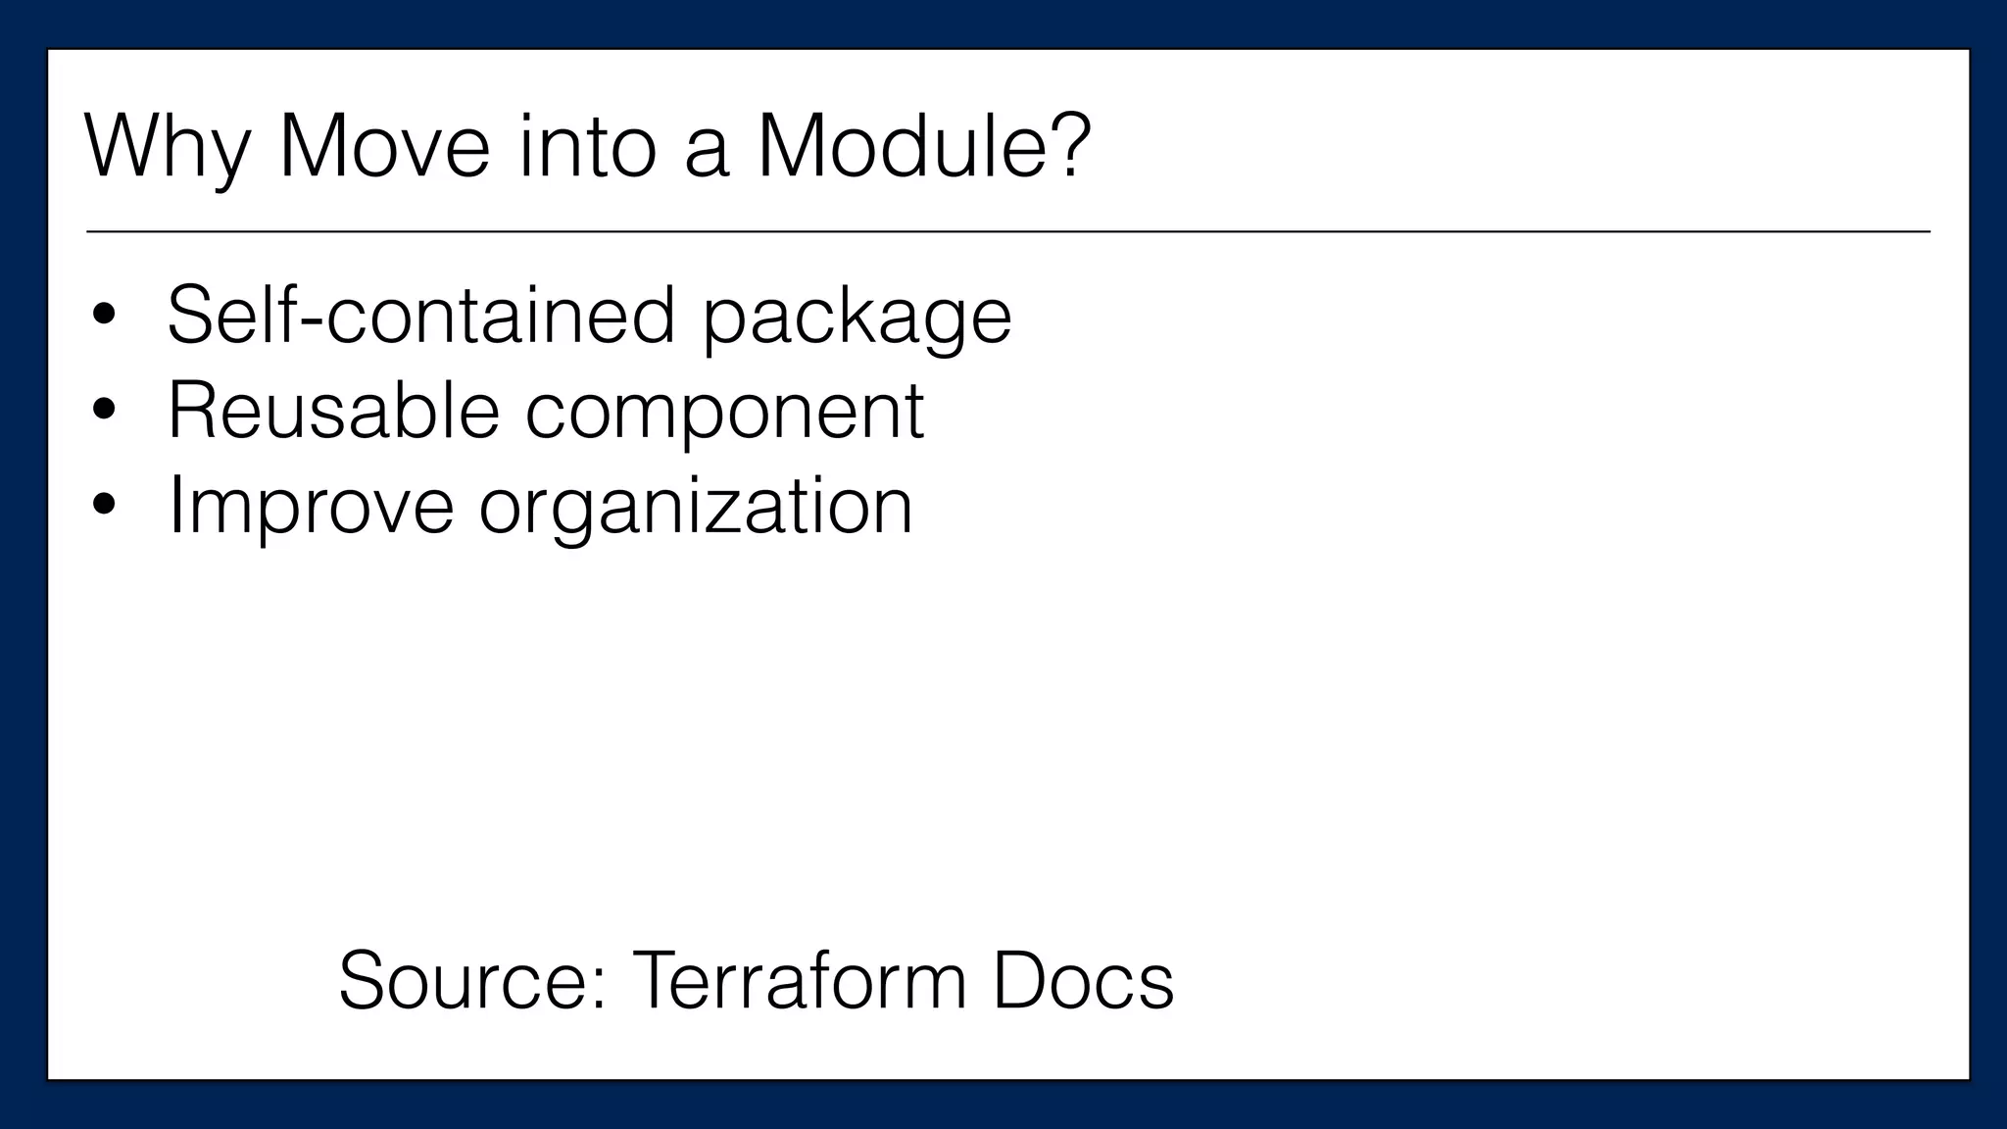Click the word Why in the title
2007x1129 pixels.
(x=167, y=147)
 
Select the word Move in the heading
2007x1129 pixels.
(x=384, y=147)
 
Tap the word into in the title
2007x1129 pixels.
(x=586, y=147)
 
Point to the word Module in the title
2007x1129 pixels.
(x=894, y=147)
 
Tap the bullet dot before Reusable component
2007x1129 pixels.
(x=104, y=411)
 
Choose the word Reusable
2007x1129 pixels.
(x=334, y=411)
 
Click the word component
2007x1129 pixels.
(x=724, y=413)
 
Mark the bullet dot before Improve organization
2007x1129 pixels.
(x=104, y=506)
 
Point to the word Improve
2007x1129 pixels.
(x=311, y=506)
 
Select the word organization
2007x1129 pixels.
(x=696, y=506)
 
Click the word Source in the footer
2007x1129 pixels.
(x=462, y=980)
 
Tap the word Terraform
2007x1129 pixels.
(x=800, y=980)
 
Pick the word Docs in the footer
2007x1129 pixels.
(x=1082, y=980)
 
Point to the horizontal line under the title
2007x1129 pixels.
(x=1007, y=232)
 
